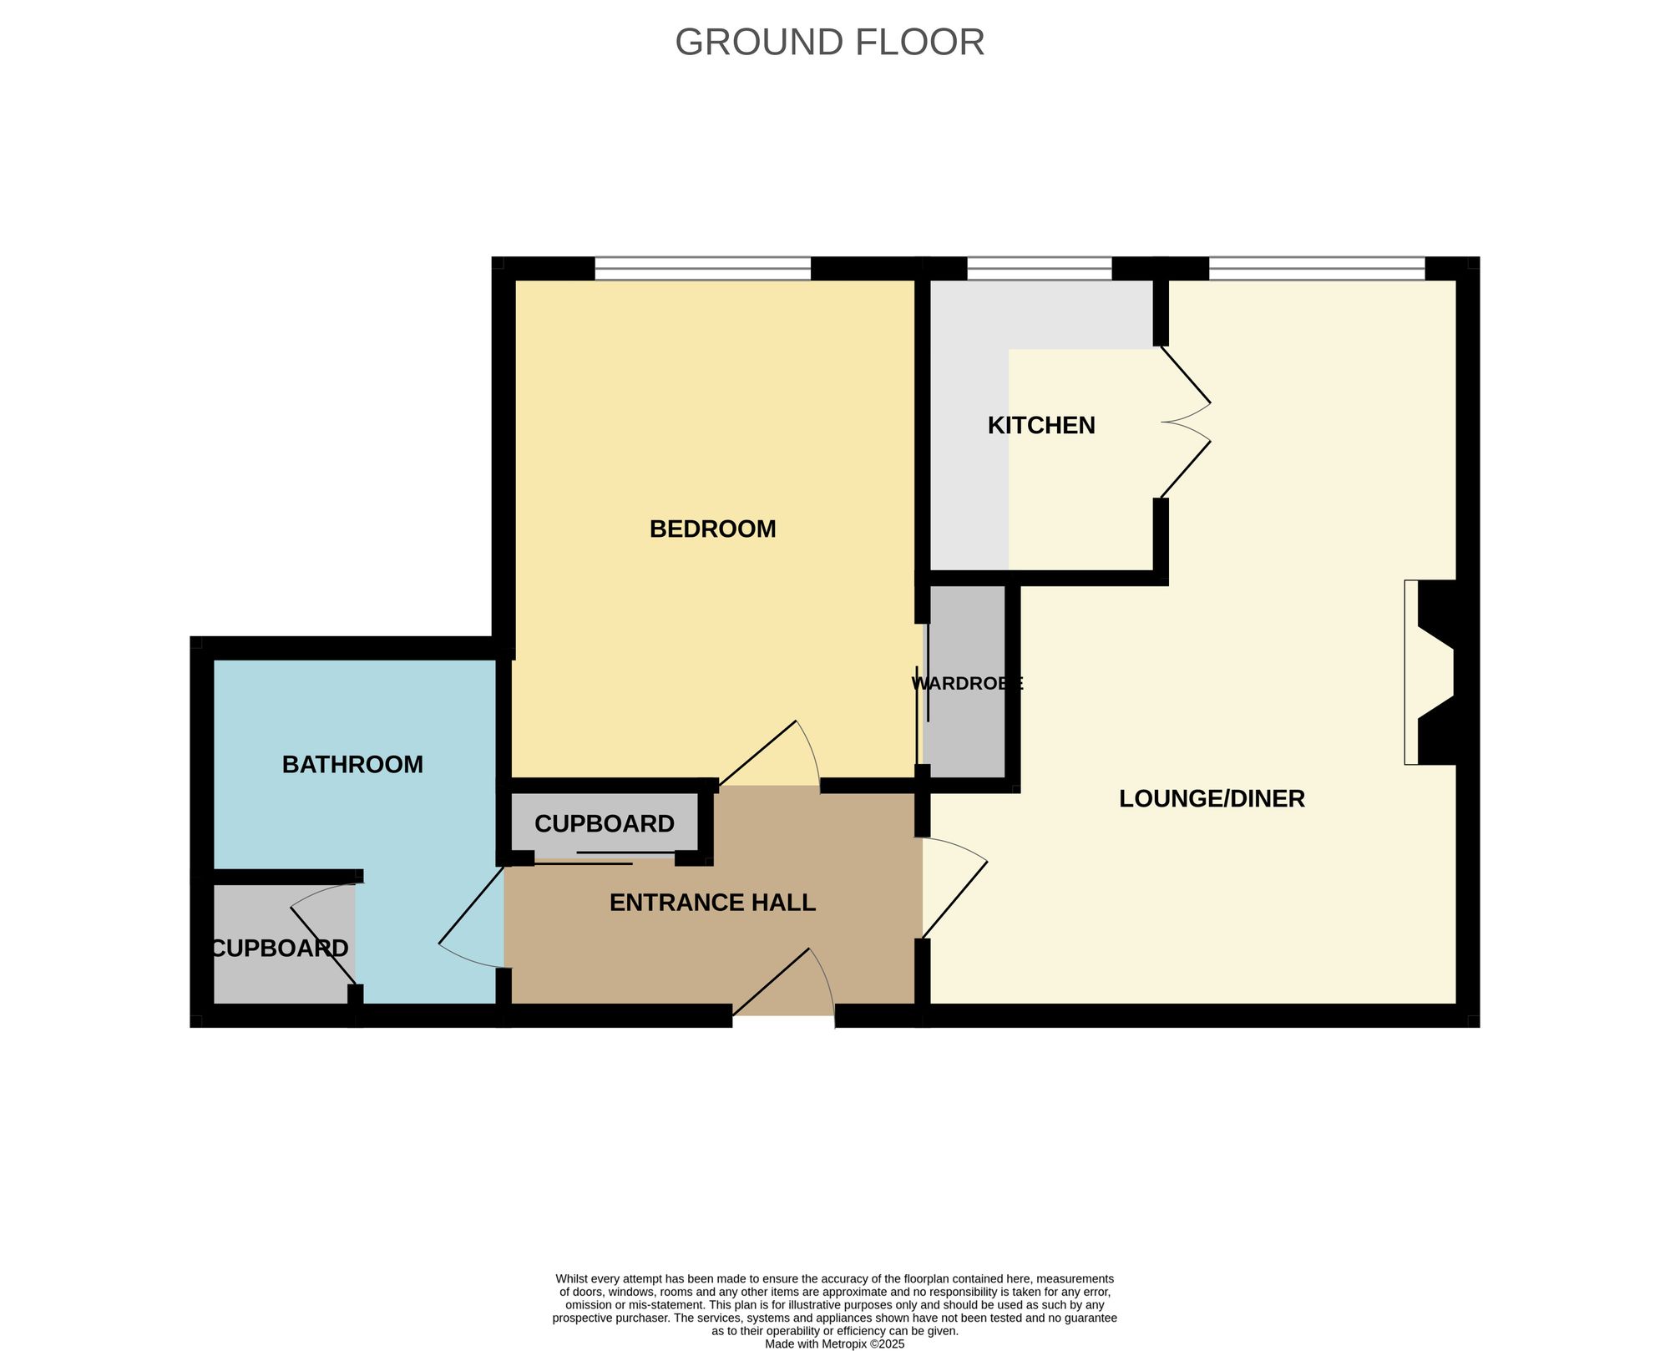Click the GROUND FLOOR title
829,43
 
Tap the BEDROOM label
712,529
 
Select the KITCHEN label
1040,426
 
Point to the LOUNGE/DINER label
1211,799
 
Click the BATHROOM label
352,765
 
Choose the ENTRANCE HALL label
712,903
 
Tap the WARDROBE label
966,684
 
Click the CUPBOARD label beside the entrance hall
604,824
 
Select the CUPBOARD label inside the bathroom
279,949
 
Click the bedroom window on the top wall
702,269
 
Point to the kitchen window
1039,269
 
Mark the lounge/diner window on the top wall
1316,269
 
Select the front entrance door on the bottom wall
783,985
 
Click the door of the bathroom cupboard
324,935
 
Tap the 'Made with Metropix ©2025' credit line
834,1344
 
